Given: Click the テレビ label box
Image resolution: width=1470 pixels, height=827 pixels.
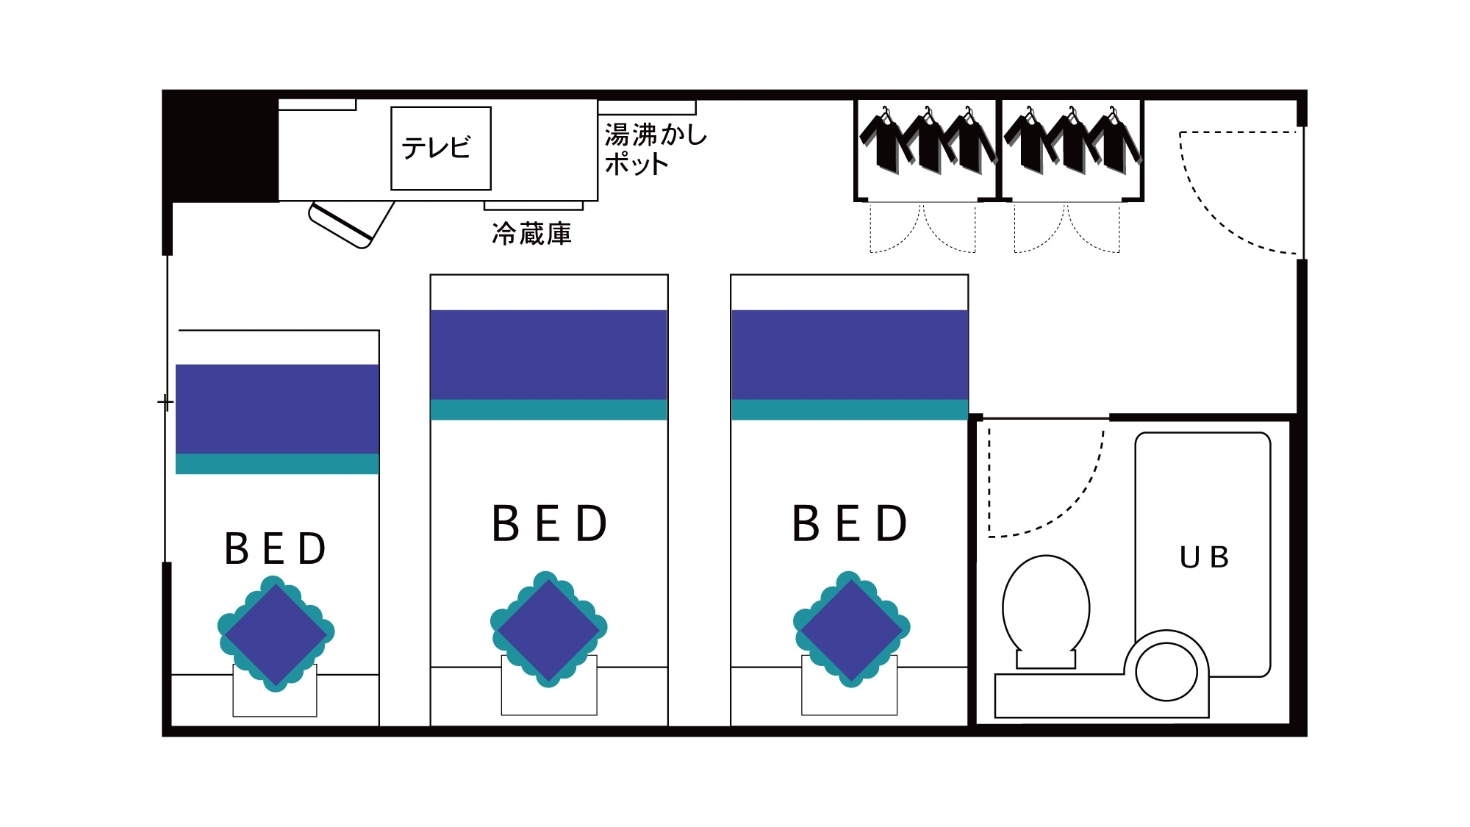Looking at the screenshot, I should (x=440, y=148).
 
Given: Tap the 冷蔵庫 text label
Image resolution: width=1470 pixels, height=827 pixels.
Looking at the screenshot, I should (x=531, y=234).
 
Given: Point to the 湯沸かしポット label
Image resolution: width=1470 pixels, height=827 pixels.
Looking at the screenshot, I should (x=654, y=149).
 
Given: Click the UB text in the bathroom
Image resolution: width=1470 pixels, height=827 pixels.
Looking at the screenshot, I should (x=1204, y=557).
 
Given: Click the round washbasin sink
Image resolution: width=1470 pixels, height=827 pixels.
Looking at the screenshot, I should (x=1166, y=671).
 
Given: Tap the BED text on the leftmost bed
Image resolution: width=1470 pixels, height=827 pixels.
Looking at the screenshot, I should (x=276, y=548).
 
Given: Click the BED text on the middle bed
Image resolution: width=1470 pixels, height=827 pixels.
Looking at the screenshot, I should (x=549, y=523).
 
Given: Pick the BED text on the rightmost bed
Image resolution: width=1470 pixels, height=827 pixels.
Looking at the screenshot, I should (x=850, y=523).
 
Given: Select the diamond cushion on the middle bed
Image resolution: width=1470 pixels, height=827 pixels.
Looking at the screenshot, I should (x=549, y=629).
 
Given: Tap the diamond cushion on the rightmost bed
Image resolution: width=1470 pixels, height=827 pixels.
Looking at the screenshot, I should (x=851, y=629).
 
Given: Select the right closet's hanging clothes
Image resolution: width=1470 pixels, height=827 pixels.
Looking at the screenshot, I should (x=1071, y=142).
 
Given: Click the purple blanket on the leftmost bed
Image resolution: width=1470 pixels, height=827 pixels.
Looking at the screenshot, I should (x=277, y=409).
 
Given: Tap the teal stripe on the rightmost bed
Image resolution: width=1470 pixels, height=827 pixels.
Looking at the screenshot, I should (x=850, y=409).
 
